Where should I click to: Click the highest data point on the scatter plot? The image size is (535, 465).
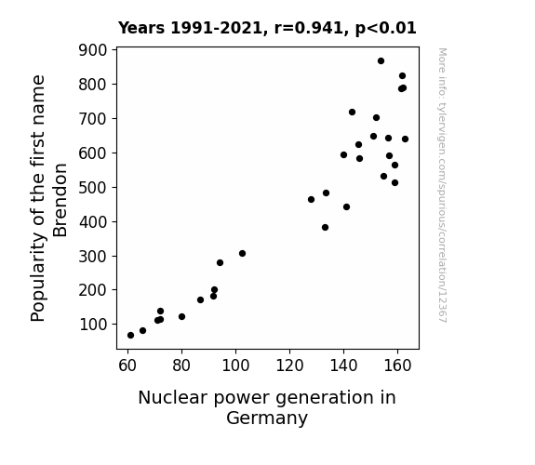coord(381,61)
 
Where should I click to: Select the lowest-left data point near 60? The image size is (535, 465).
coord(130,336)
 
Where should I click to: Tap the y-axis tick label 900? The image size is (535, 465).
coord(93,50)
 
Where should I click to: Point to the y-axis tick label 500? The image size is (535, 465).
coord(93,187)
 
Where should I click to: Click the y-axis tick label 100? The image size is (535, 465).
coord(93,324)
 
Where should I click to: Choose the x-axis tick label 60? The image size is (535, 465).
coord(127,365)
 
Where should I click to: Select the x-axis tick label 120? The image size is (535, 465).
coord(289,365)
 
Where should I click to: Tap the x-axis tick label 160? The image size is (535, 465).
coord(397,365)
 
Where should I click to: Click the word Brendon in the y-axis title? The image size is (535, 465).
coord(60,200)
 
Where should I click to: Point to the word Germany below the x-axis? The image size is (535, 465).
coord(267,418)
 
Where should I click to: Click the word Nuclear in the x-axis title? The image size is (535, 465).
coord(172,398)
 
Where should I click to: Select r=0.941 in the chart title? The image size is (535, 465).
coord(309,28)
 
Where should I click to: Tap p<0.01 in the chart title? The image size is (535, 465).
coord(386,28)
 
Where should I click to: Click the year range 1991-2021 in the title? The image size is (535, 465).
coord(216,28)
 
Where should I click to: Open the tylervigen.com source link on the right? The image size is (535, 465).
coord(443,185)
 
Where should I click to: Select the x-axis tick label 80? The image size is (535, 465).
coord(181,365)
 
